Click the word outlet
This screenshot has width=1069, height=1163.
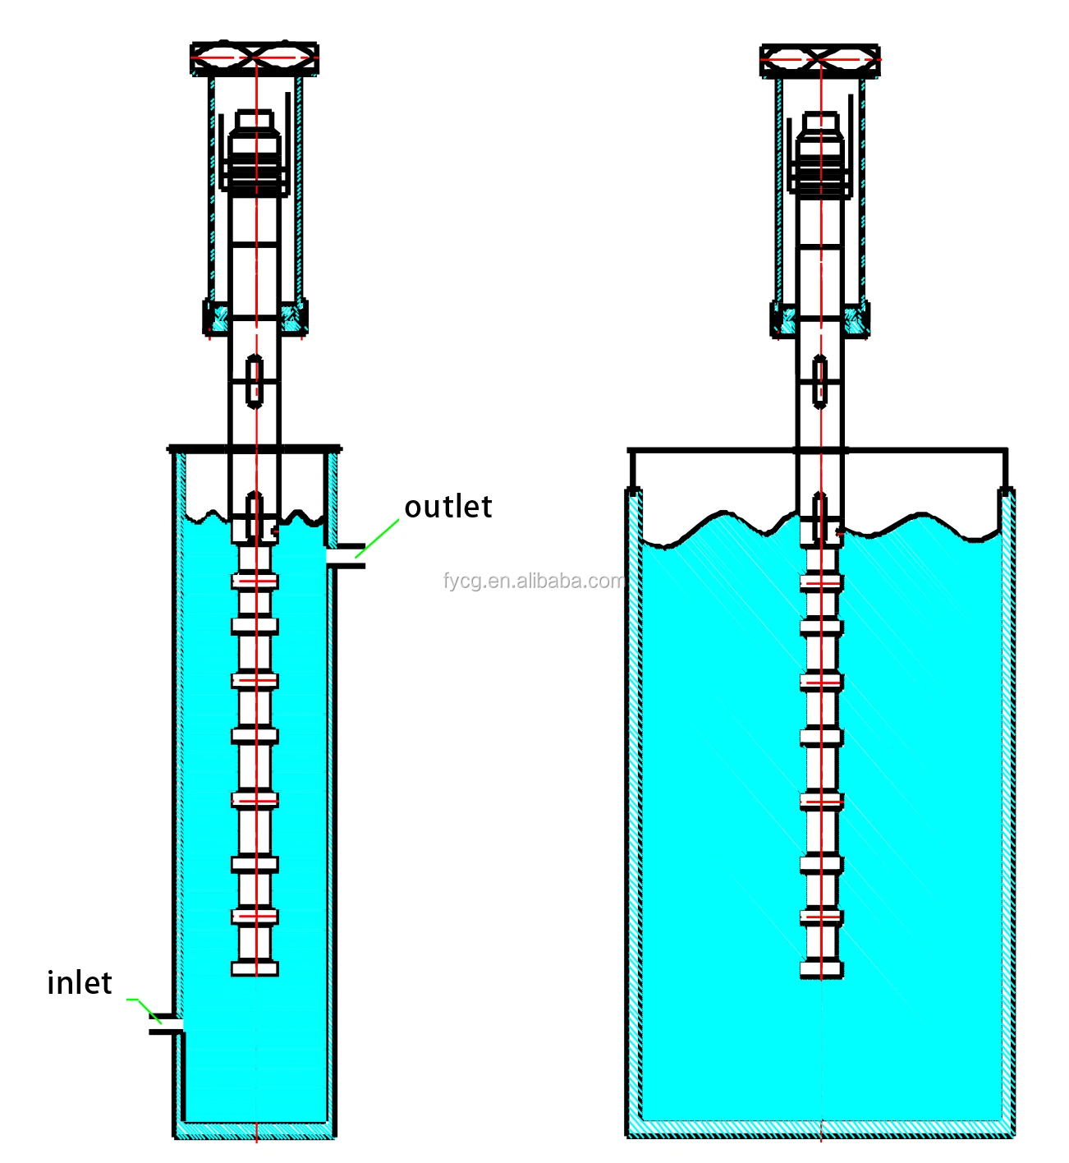[448, 507]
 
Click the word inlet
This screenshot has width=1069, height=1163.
[79, 982]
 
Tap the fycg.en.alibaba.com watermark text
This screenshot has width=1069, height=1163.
[534, 581]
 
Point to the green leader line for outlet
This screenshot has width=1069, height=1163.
[377, 538]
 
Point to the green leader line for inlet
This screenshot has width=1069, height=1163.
[145, 1007]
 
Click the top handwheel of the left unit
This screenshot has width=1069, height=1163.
[255, 59]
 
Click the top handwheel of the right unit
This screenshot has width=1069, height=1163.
[820, 60]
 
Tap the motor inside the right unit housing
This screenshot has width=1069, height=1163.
[820, 156]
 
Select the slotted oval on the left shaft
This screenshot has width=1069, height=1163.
[255, 380]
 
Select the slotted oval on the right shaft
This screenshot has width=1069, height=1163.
[819, 381]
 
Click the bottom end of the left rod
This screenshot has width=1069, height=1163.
[255, 968]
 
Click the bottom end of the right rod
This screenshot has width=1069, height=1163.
[821, 970]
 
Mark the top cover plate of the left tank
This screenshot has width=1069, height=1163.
[255, 449]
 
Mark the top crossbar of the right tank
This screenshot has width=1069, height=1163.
[903, 450]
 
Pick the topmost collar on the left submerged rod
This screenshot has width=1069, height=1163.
[255, 581]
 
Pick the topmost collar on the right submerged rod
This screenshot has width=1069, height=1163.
[821, 582]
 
